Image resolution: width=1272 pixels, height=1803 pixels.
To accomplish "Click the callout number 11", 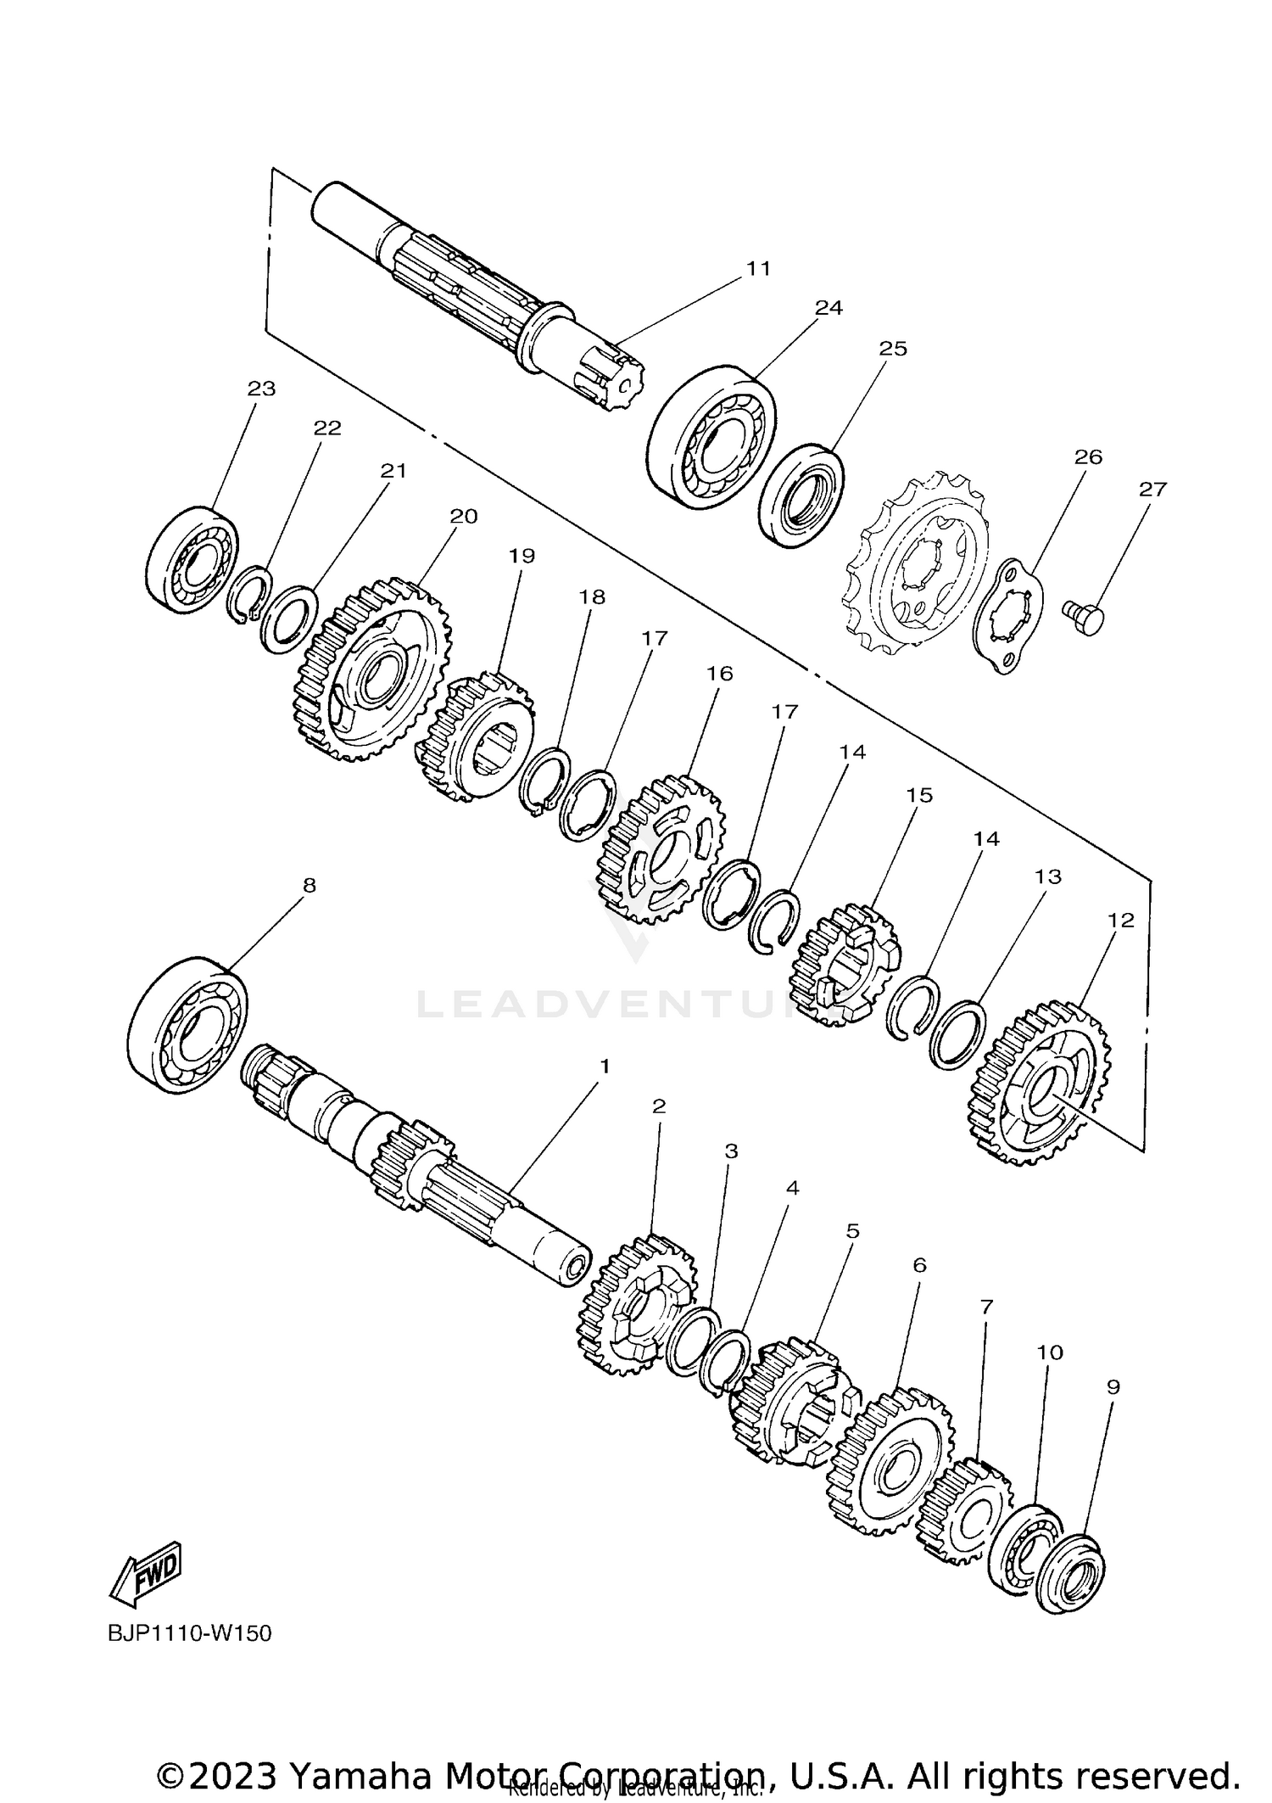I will [758, 268].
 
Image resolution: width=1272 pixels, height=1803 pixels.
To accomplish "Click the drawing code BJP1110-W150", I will [190, 1633].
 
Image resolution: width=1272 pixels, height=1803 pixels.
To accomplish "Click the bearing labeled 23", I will [192, 560].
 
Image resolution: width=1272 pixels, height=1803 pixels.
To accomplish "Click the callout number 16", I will [719, 674].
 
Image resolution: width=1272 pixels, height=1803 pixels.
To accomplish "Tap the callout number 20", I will [463, 516].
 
